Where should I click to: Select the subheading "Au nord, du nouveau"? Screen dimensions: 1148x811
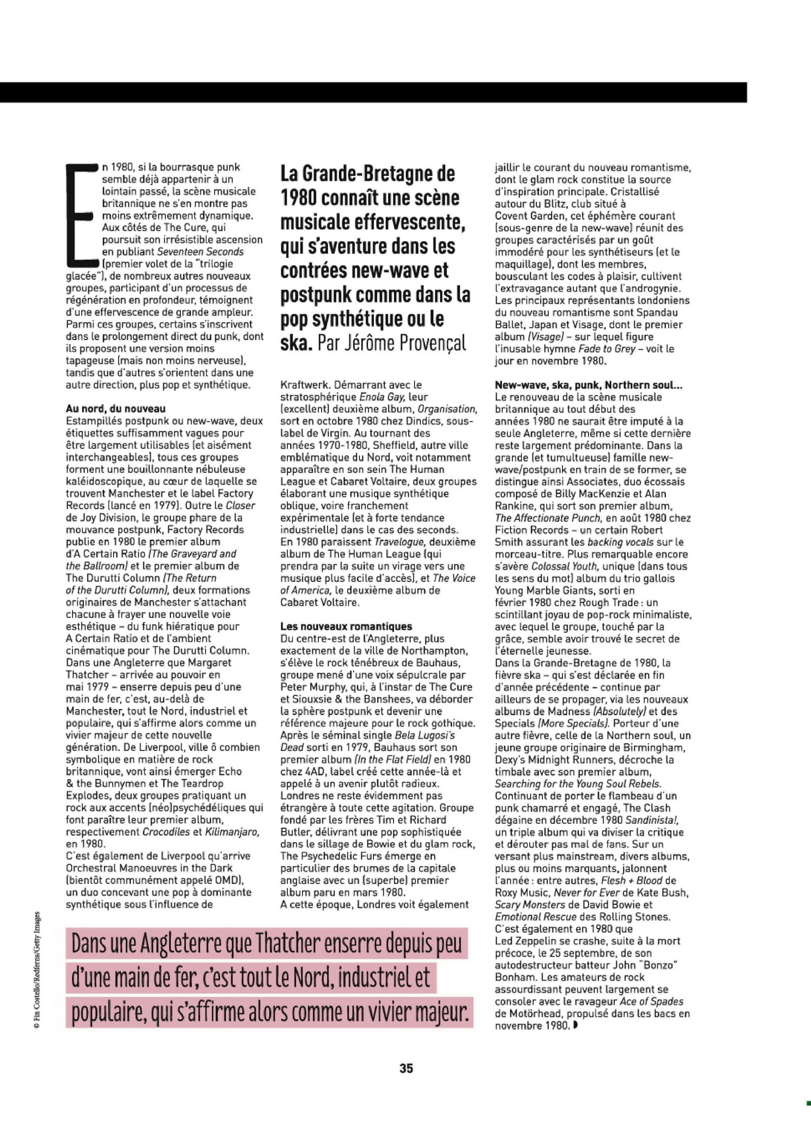[116, 408]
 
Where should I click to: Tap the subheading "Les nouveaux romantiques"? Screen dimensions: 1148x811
[346, 626]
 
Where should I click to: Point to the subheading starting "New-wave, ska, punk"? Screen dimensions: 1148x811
[589, 385]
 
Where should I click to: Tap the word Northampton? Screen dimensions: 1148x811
[435, 651]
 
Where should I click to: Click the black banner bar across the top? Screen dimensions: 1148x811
[373, 92]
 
